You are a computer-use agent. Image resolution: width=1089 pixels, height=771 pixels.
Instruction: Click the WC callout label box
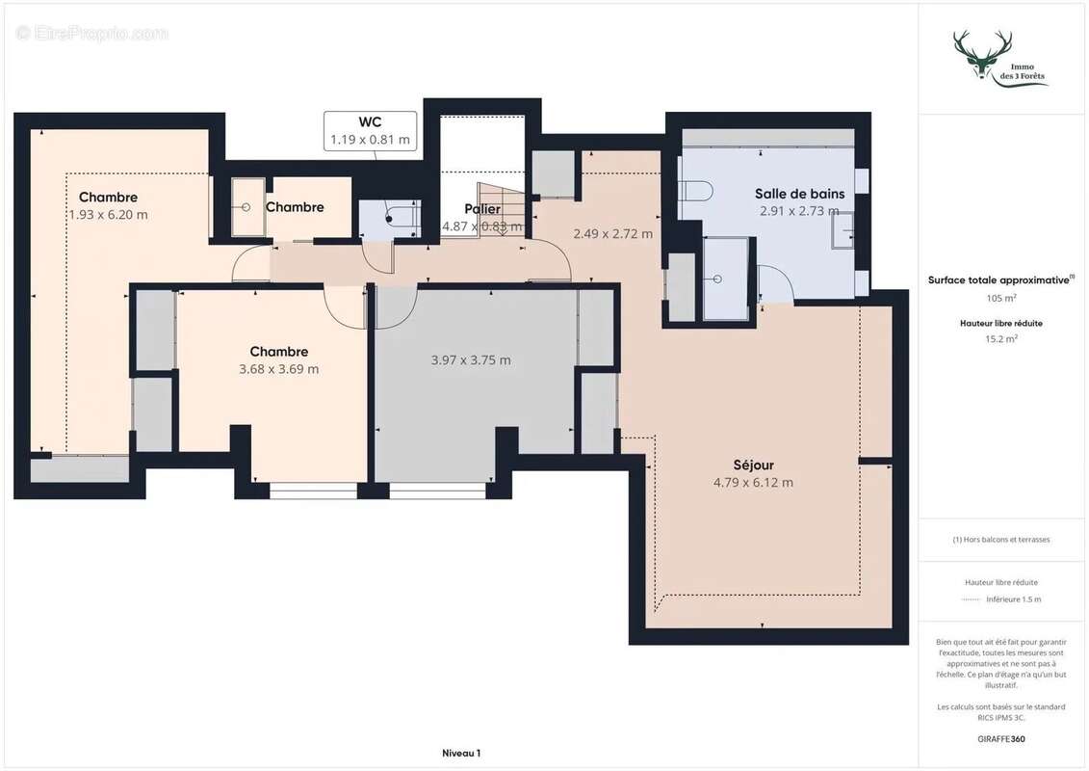point(371,130)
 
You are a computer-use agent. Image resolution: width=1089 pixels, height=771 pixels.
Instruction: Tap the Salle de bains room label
point(799,194)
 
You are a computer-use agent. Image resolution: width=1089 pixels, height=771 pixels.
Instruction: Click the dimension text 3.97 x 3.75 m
point(471,360)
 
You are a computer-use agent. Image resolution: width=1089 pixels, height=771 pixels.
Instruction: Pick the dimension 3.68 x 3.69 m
point(279,369)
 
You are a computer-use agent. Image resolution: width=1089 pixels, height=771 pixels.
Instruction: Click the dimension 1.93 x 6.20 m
point(108,215)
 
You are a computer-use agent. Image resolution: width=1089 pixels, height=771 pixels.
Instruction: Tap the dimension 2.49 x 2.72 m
point(612,233)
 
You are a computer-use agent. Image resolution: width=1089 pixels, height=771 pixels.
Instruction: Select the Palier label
point(482,209)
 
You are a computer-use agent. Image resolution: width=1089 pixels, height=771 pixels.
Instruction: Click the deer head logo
point(982,55)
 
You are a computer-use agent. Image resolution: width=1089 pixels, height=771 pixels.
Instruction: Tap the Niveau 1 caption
point(461,753)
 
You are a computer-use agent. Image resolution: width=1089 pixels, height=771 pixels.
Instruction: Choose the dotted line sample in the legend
point(971,599)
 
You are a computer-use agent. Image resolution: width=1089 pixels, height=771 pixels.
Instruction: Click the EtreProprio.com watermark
point(92,34)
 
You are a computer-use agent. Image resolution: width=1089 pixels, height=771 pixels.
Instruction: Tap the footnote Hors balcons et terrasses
point(1002,540)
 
